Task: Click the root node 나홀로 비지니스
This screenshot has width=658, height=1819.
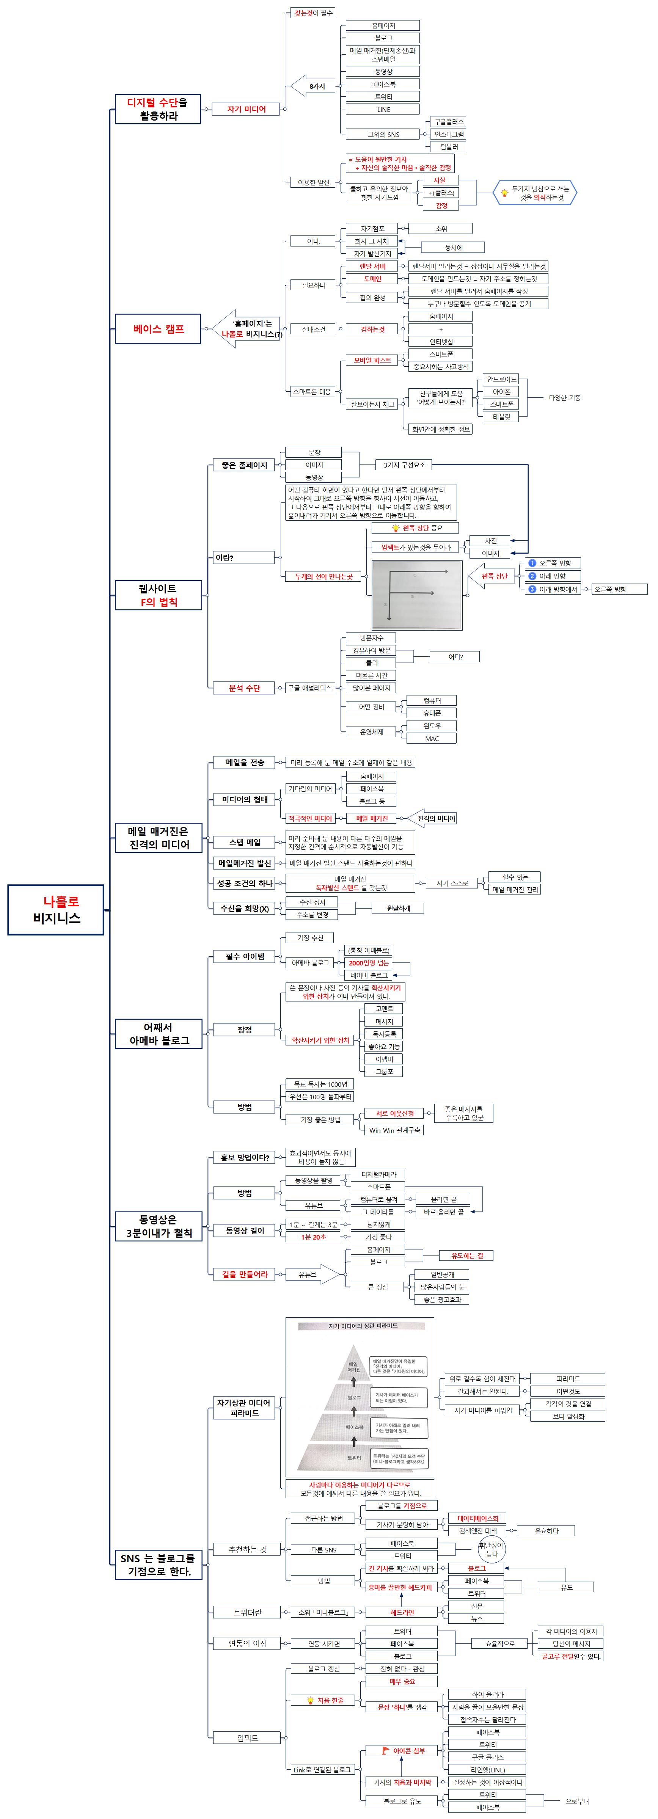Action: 56,909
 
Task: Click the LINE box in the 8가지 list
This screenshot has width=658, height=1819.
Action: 383,110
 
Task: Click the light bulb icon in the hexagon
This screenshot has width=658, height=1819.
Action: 504,193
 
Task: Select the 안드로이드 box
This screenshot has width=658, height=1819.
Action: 501,379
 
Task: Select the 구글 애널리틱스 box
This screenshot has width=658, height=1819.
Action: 309,688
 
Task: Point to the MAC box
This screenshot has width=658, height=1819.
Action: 431,739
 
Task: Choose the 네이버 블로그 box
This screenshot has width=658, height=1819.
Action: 369,975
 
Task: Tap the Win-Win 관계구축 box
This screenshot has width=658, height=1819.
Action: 395,1130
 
